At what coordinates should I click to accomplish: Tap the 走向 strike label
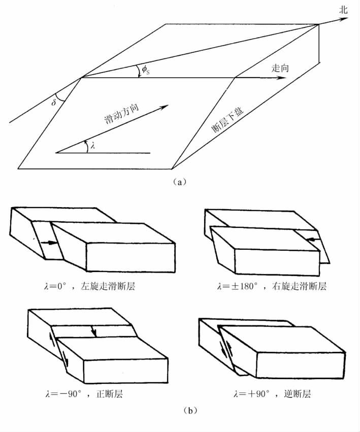pos(280,68)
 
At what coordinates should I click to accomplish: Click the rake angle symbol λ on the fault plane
pos(92,146)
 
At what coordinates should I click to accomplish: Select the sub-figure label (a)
pos(180,181)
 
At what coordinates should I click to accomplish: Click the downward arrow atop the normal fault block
pos(93,330)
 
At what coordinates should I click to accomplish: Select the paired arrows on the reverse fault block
pos(225,351)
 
